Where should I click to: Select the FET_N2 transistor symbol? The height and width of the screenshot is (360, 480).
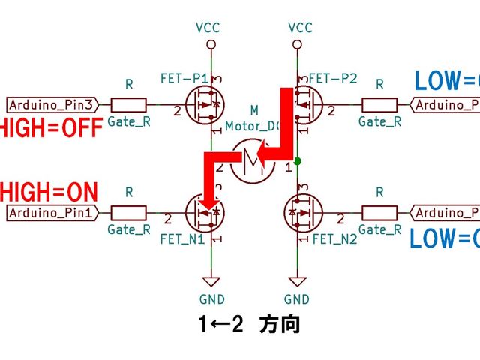click(x=304, y=214)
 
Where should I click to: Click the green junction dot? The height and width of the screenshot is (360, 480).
click(x=298, y=160)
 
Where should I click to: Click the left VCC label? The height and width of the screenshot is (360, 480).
click(x=211, y=28)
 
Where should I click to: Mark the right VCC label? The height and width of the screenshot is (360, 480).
click(x=300, y=28)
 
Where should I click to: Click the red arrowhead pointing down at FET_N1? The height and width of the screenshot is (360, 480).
click(x=211, y=202)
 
